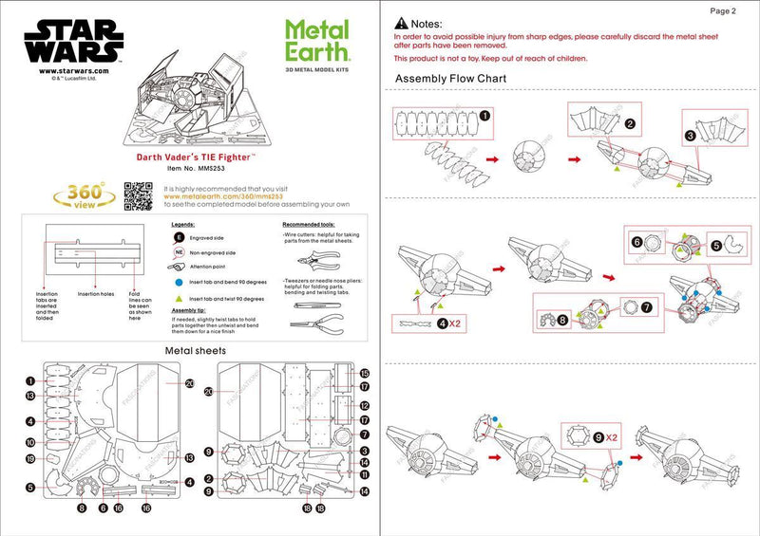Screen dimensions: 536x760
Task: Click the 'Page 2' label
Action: click(x=722, y=11)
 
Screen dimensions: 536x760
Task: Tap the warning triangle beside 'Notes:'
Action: click(x=402, y=22)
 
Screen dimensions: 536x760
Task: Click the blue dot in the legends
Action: click(x=178, y=282)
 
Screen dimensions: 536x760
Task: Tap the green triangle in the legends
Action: click(x=178, y=299)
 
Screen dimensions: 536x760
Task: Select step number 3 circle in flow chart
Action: click(x=690, y=136)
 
